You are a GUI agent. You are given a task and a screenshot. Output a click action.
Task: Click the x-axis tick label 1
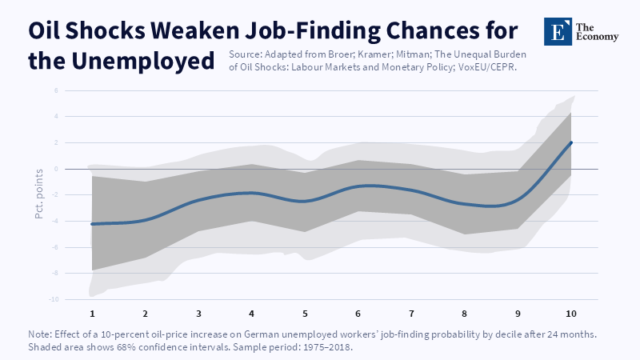coord(92,314)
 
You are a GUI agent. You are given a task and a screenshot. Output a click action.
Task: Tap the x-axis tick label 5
coord(305,314)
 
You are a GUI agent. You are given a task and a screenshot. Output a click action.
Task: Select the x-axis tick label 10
coord(570,314)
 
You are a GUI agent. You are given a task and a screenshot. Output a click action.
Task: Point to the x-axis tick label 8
coord(465,314)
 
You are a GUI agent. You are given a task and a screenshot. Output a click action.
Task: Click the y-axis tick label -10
coord(54,299)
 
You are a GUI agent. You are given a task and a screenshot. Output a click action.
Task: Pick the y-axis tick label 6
coord(56,90)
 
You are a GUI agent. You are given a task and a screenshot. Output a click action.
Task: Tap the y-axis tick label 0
coord(56,169)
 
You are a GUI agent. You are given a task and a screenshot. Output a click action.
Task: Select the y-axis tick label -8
coord(55,273)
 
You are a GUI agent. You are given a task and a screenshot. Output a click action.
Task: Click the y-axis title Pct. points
coord(39,194)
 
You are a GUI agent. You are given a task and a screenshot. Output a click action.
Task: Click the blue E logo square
coord(558,31)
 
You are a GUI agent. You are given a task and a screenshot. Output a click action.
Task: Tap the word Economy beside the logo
coord(597,37)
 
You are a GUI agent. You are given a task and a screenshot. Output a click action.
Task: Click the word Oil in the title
coord(44,30)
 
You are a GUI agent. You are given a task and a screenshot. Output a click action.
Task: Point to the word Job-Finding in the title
coord(313,31)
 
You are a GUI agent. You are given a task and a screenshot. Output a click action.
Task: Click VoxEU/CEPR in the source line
coord(487,67)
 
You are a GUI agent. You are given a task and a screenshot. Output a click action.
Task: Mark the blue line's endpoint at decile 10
coord(570,143)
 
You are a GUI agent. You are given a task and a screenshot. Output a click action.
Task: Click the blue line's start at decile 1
coord(92,224)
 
